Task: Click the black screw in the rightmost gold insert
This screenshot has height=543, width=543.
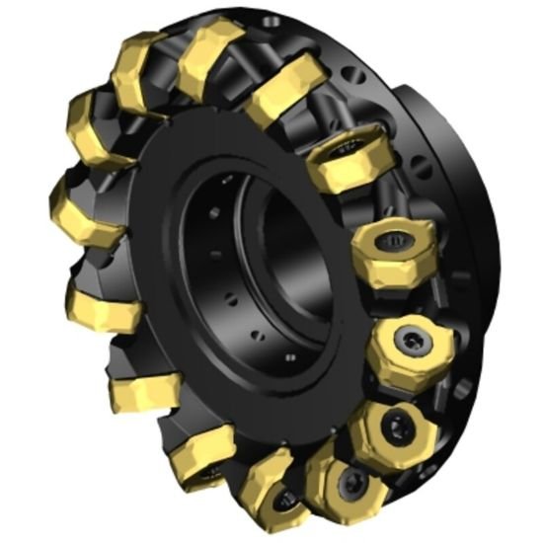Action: click(412, 341)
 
